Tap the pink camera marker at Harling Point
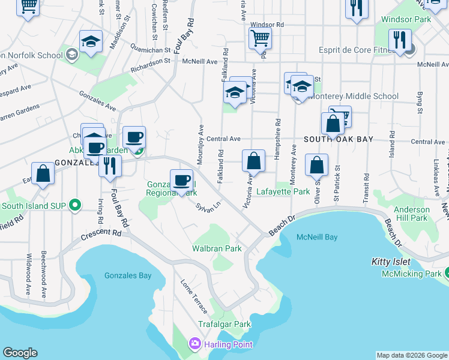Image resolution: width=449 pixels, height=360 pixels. pos(194,344)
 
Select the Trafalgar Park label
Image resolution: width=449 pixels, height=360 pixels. pos(224,324)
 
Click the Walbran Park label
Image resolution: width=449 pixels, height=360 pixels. pos(217,248)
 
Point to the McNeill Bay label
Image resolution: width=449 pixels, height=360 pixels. pos(317,237)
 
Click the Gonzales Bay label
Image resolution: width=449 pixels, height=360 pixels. pos(128,276)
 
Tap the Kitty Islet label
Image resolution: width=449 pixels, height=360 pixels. pos(390,262)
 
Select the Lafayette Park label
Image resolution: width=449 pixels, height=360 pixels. pos(283,191)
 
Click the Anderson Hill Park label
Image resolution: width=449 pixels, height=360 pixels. pos(412,214)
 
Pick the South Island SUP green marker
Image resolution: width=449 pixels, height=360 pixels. pos(75,206)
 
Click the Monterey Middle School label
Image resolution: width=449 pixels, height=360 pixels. pos(354,96)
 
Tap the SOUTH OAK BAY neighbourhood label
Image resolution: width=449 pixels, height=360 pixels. pos(339,139)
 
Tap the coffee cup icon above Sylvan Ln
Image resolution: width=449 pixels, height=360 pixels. pos(181,179)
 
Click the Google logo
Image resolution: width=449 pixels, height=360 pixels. pos(20,353)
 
